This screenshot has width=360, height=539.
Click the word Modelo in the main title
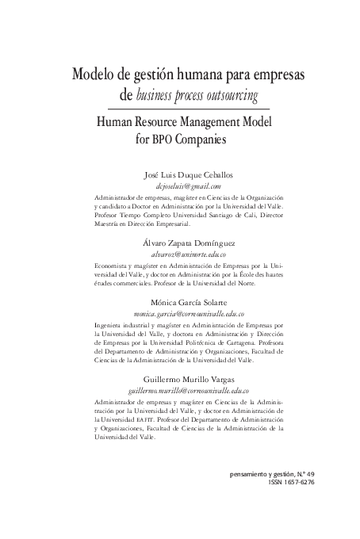(94, 76)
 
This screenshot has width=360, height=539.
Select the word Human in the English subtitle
(114, 123)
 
